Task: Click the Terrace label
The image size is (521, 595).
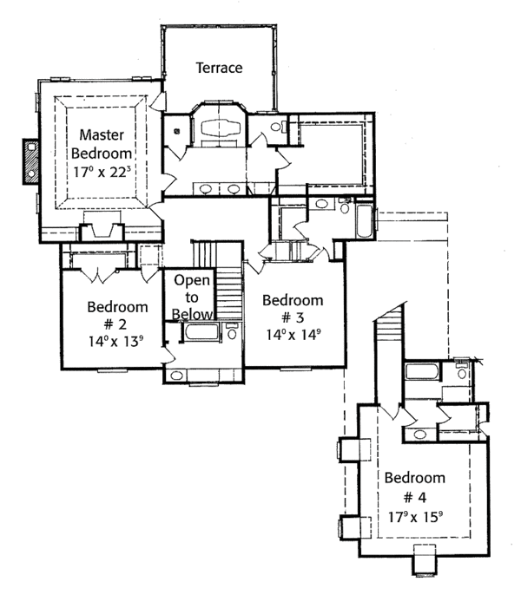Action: coord(220,68)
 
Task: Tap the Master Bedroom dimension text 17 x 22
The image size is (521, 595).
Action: coord(102,172)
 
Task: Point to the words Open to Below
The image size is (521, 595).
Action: coord(192,297)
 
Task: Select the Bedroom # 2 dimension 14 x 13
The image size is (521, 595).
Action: coord(115,341)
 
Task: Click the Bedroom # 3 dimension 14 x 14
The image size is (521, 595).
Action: coord(293,334)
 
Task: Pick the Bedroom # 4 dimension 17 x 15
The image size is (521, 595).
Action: coord(415,516)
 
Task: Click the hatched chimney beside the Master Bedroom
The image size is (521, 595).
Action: coord(30,161)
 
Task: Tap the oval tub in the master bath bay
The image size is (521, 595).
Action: coord(221,127)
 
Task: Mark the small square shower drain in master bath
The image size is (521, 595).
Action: coord(177,131)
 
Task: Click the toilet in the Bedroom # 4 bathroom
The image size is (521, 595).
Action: coord(462,370)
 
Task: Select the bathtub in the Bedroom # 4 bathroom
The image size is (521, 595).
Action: coord(422,371)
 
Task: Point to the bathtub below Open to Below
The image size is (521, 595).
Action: coord(201,332)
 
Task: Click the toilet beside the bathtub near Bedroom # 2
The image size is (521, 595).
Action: coord(232,331)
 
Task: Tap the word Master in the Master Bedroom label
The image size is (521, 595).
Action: coord(102,134)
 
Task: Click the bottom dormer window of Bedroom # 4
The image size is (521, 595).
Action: coord(425,559)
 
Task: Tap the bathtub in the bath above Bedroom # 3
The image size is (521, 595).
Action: coord(364,222)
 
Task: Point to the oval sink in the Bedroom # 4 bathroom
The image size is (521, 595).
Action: coord(419,434)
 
